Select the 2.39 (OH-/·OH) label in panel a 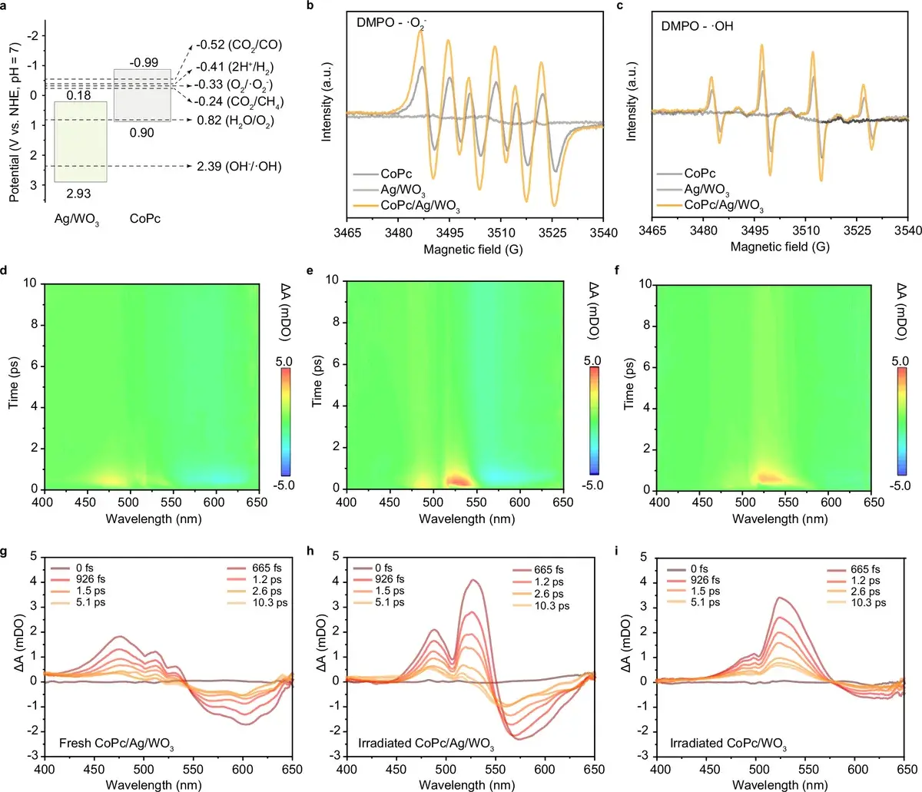239,166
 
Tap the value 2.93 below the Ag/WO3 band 78,194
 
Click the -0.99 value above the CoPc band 144,63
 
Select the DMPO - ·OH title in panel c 697,25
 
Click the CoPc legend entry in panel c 700,174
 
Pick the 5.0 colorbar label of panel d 284,361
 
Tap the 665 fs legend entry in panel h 548,570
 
